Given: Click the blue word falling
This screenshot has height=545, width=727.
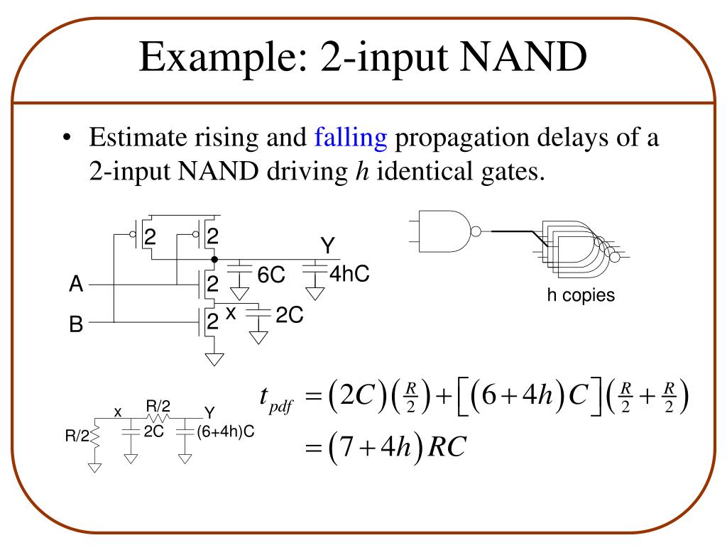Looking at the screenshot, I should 351,137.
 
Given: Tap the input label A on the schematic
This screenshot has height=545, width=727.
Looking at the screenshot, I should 76,285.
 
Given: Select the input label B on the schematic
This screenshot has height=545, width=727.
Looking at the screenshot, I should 76,326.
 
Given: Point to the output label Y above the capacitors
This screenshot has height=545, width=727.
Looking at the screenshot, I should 327,246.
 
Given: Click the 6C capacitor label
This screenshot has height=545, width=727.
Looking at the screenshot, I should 270,275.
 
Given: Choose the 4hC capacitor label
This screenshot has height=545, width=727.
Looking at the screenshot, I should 349,274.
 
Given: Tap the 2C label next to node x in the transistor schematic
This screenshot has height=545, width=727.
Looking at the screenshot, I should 290,315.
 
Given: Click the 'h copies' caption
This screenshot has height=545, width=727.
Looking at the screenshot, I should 580,295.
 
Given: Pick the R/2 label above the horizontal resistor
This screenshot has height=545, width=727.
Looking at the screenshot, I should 158,406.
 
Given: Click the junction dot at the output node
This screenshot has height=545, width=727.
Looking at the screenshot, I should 214,260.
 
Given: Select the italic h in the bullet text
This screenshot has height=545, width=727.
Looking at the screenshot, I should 359,171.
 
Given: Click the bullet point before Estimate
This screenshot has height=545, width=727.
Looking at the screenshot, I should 67,138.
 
